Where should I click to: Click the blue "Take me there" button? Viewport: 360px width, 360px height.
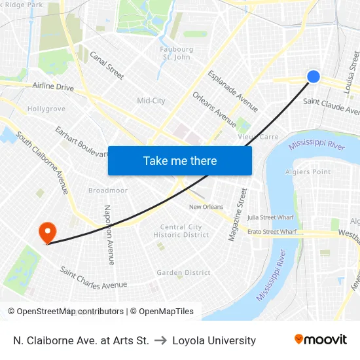[x=180, y=160]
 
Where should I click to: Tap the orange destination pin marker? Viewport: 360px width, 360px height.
[x=47, y=232]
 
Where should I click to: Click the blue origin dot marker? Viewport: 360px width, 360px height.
[x=314, y=77]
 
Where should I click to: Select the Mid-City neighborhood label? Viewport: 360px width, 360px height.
[x=151, y=101]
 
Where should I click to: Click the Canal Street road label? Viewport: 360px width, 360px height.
[x=106, y=65]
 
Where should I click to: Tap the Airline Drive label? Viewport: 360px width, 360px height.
[x=53, y=86]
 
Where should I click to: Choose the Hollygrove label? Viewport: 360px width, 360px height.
[x=46, y=109]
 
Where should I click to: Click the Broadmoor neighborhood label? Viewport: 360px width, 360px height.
[x=108, y=190]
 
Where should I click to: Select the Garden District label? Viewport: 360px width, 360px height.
[x=183, y=272]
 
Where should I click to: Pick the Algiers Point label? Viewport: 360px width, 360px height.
[x=308, y=172]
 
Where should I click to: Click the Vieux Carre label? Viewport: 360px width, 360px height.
[x=258, y=137]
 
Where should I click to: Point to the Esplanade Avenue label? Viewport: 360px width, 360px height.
[x=232, y=91]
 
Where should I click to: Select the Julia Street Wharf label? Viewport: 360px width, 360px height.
[x=270, y=217]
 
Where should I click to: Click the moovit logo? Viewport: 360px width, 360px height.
[x=320, y=340]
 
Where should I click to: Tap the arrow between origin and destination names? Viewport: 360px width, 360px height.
[x=160, y=340]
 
